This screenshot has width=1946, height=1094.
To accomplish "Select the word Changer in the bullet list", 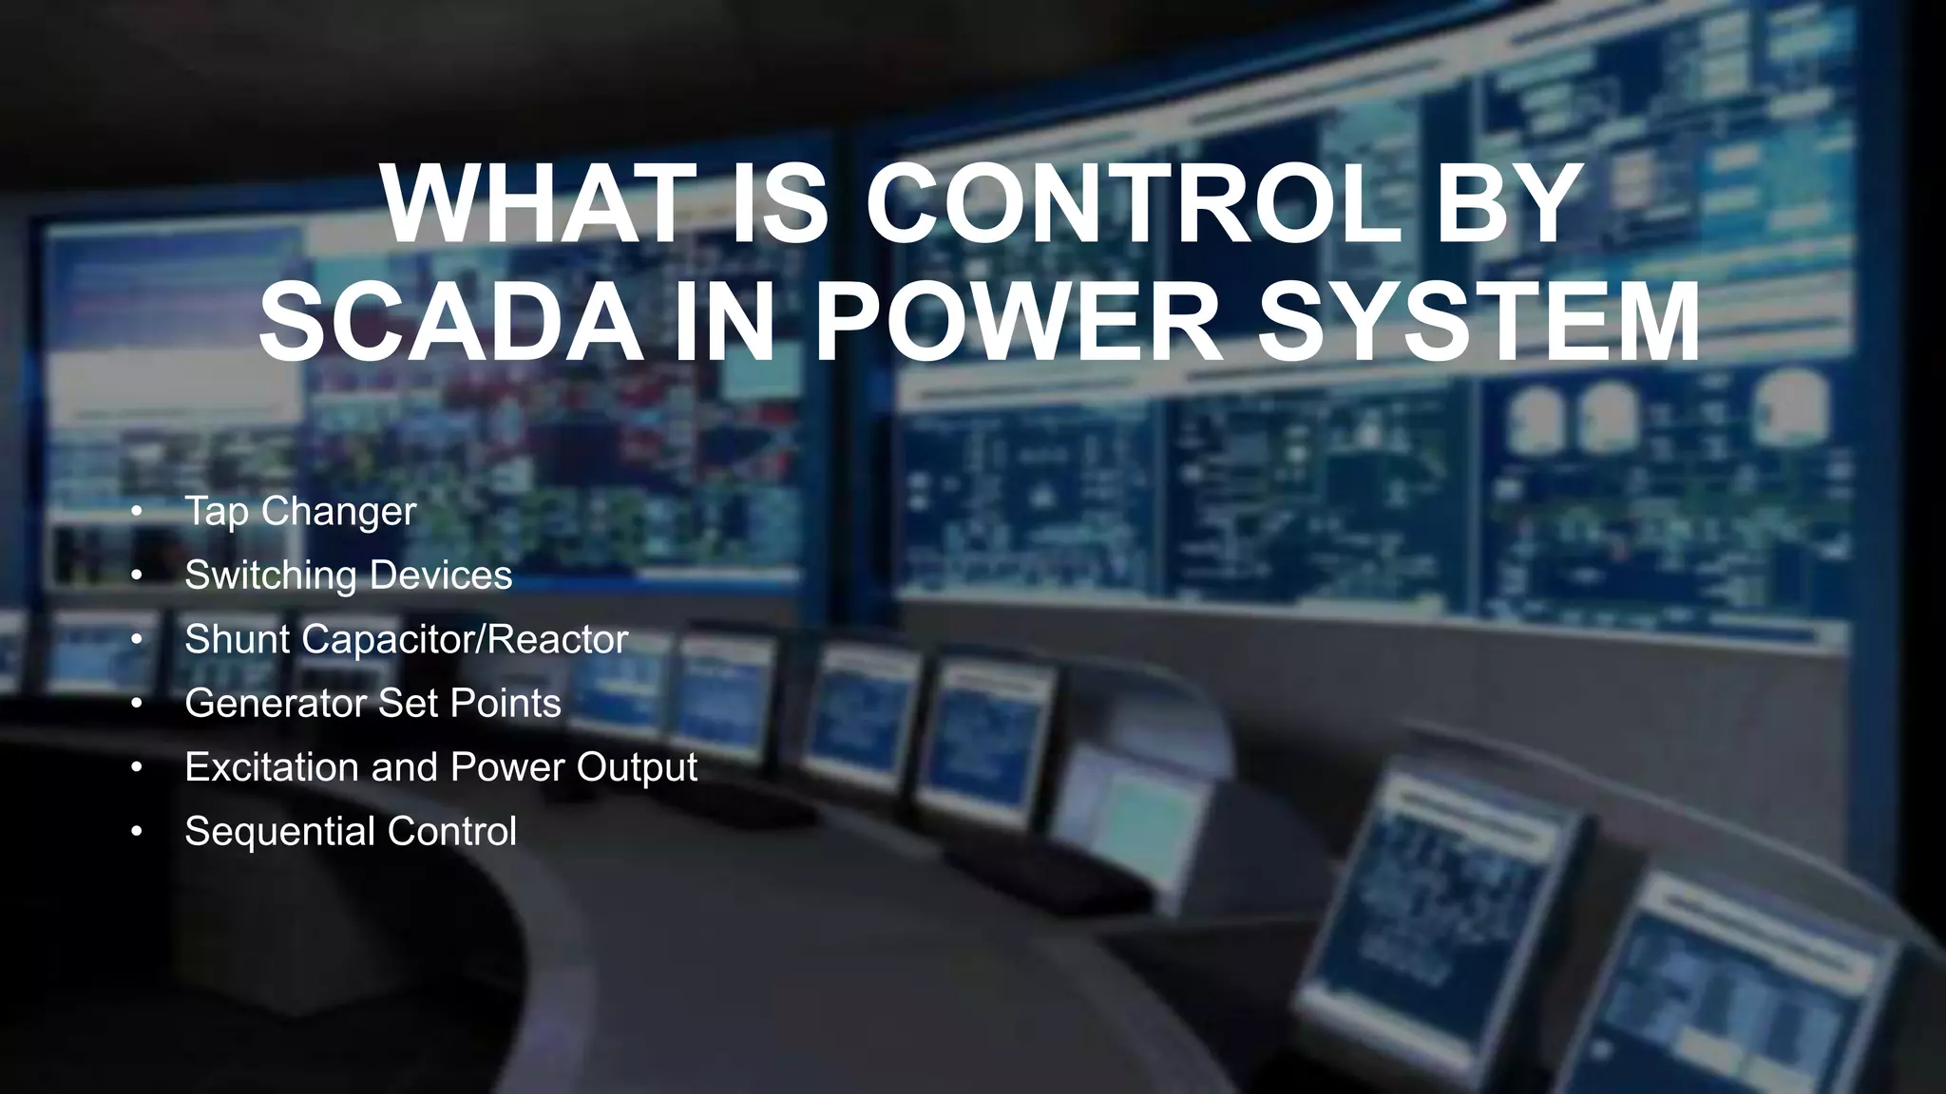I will (x=338, y=512).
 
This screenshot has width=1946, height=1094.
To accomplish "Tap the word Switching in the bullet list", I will (x=271, y=575).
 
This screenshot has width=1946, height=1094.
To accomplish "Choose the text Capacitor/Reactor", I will (x=465, y=639).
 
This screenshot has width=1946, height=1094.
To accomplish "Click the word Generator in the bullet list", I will (x=277, y=704).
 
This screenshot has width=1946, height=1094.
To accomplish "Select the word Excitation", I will (x=271, y=767).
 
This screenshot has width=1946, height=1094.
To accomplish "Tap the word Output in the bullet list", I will (x=637, y=767).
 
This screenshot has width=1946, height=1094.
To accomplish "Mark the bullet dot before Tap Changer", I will (x=137, y=512).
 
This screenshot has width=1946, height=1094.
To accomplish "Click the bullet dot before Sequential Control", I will (x=137, y=831).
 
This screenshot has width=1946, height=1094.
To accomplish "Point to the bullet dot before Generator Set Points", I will (x=137, y=704).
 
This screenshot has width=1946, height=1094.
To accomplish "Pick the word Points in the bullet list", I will (x=506, y=704).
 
